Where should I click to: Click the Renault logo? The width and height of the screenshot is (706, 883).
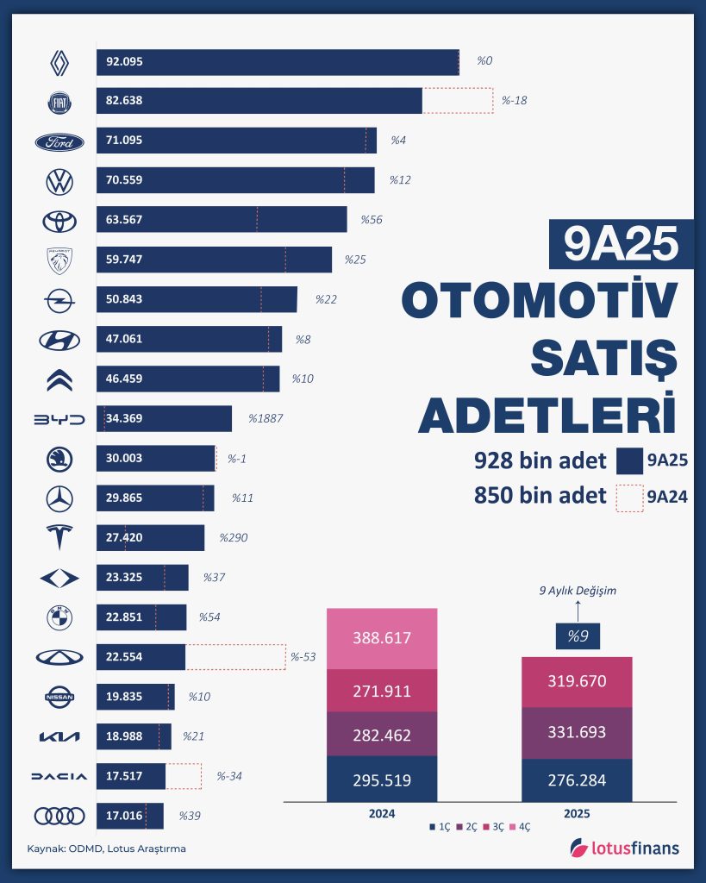(59, 62)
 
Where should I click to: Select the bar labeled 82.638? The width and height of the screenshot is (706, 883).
(259, 101)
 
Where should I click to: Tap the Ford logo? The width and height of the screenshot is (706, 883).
(59, 142)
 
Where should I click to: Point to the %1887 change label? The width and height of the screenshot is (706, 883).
(266, 419)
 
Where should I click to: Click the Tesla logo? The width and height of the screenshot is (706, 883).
(59, 537)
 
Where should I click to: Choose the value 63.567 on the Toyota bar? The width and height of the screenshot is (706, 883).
(124, 220)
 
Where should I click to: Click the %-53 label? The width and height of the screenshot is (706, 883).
(303, 657)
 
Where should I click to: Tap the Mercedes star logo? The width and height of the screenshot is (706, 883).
(59, 498)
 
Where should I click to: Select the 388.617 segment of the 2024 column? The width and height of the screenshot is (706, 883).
(382, 638)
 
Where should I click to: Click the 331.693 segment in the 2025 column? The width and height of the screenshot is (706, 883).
(578, 733)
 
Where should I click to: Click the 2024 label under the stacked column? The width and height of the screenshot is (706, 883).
(381, 813)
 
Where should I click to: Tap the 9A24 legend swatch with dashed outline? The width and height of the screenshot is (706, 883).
(629, 498)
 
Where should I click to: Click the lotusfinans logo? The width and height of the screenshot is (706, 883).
(625, 849)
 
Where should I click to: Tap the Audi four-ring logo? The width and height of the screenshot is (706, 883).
(59, 815)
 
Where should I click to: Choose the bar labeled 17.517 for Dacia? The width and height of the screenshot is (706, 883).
(130, 776)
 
